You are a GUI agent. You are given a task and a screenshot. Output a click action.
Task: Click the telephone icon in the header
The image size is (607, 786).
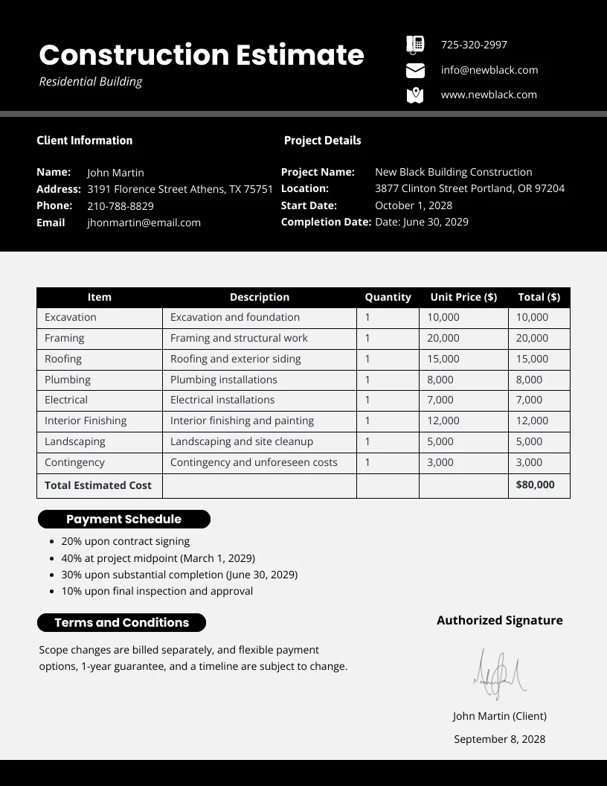point(415,45)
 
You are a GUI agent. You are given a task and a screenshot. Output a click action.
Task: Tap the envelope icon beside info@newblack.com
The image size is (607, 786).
point(415,71)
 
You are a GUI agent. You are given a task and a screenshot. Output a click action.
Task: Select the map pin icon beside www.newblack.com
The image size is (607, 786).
point(415,95)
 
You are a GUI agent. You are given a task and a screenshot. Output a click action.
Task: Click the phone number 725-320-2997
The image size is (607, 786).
point(474,45)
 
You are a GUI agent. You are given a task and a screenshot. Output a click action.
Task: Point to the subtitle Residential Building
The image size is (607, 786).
point(90,82)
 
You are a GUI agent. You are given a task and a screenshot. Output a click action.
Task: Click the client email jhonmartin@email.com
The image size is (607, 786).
point(144,223)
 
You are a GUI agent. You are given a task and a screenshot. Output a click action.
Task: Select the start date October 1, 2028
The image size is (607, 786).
point(414,205)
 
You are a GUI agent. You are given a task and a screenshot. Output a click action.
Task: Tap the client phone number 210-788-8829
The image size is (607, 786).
point(121,206)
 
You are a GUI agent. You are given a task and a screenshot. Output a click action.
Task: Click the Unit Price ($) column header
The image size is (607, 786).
point(463,297)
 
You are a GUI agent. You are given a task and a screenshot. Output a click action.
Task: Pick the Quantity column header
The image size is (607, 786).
point(388,297)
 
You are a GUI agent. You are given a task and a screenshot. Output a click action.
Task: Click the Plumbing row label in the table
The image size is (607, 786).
point(68,380)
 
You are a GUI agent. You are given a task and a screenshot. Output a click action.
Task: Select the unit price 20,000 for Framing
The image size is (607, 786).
point(443,338)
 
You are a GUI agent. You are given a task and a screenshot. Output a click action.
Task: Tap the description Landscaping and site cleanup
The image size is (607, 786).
point(242,441)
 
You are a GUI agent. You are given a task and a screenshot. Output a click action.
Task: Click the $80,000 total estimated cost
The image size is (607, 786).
point(536,485)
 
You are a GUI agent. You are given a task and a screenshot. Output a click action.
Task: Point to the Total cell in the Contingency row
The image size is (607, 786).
point(529,462)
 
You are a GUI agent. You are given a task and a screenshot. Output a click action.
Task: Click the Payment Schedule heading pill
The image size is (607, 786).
point(123,520)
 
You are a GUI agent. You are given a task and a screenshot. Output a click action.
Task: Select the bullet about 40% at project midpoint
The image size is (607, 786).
point(158,558)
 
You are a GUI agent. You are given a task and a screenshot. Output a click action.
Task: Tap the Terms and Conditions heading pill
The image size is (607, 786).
point(121,623)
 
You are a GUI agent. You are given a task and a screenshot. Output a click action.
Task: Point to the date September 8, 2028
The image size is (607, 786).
point(499,739)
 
